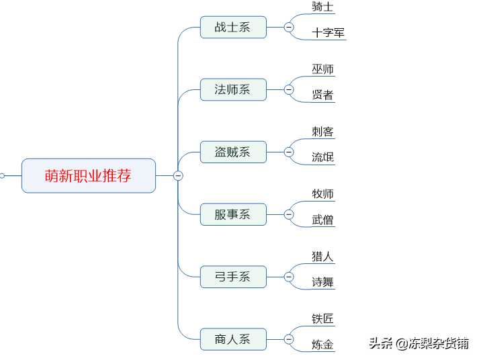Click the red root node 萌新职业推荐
89,175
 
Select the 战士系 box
233,27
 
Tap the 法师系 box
233,89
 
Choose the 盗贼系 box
233,152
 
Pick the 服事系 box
233,214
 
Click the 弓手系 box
233,277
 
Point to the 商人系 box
233,339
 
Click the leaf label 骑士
322,7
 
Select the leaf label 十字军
328,33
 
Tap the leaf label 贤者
322,95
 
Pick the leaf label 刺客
322,132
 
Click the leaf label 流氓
322,157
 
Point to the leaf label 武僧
322,220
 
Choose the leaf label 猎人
322,256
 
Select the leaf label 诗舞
322,282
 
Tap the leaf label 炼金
322,345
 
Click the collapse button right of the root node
178,175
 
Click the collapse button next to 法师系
289,89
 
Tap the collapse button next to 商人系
289,339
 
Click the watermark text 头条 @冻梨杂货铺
419,343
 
